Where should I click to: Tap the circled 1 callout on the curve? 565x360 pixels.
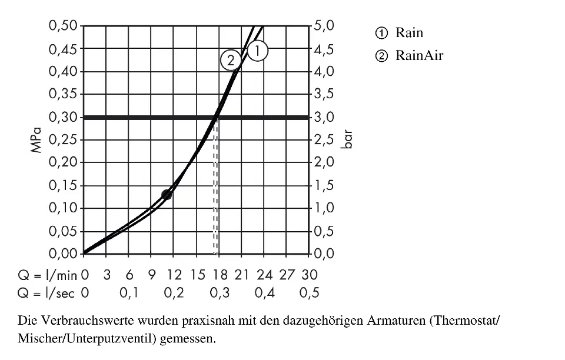click(x=258, y=51)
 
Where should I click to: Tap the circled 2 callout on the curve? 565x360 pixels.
click(x=230, y=60)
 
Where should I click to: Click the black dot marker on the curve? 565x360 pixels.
click(x=167, y=195)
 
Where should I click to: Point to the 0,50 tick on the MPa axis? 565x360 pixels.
click(x=63, y=26)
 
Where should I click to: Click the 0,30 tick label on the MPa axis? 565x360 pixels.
click(x=63, y=117)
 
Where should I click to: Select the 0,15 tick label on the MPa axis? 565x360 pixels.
click(x=63, y=185)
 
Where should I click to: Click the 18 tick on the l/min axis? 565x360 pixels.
click(x=219, y=275)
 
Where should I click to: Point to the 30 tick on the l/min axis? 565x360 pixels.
click(x=309, y=275)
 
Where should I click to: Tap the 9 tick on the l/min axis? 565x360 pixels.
click(x=151, y=275)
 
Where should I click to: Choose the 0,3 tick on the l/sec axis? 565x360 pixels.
click(x=219, y=293)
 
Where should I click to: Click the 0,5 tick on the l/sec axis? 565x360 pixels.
click(x=309, y=293)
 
